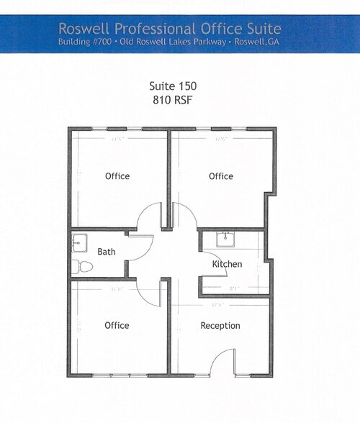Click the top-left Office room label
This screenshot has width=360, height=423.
point(117,176)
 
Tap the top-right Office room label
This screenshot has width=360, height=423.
point(221,176)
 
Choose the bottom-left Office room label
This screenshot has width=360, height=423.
point(117,325)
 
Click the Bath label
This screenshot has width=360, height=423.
point(107,252)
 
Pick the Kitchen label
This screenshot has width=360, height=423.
point(227,265)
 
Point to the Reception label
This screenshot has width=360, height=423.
point(220,325)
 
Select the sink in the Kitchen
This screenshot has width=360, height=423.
point(228,238)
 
